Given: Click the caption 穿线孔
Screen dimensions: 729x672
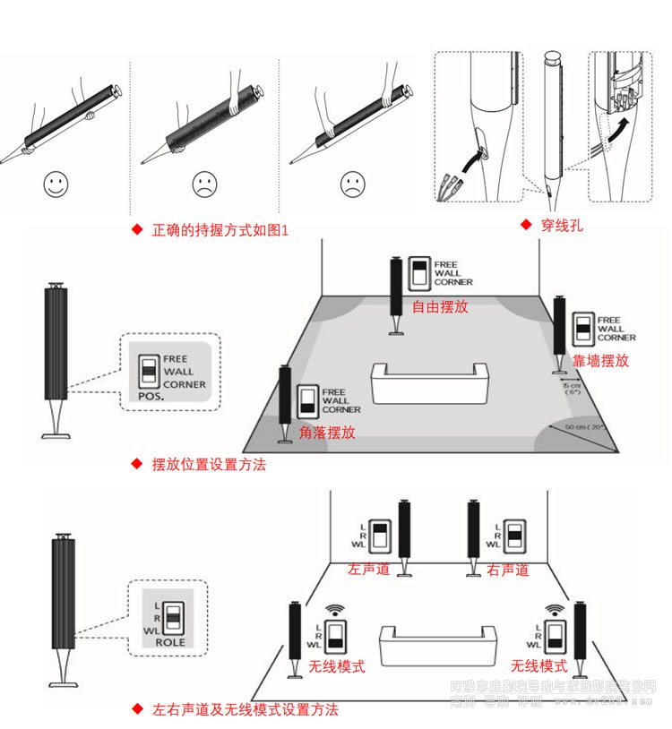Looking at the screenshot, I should coord(561,225).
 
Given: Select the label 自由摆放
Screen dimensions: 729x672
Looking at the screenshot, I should coord(439,306).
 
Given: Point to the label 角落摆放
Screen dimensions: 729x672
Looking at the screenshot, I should coord(328,432).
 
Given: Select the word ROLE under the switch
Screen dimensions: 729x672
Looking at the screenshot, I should coord(170,642).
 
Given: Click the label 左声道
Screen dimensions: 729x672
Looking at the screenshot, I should coord(369,570).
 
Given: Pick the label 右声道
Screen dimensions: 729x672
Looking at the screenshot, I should coord(507,570).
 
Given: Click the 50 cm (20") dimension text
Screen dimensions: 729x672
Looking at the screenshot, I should coord(586,427).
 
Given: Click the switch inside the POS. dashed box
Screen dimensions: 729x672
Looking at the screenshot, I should coord(148,370).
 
